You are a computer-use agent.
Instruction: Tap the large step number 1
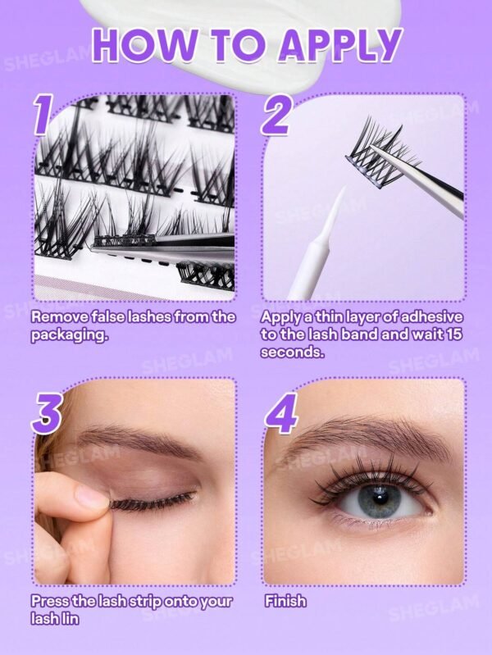43,115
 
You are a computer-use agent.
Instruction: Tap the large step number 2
276,115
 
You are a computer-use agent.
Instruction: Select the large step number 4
280,415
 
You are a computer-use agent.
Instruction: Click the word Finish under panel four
285,601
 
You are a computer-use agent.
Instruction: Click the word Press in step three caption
49,601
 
